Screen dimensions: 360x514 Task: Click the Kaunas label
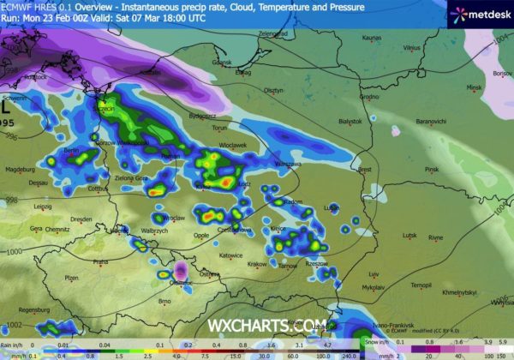point(371,38)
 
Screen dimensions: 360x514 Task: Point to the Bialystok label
point(351,122)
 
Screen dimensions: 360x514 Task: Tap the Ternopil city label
point(421,285)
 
